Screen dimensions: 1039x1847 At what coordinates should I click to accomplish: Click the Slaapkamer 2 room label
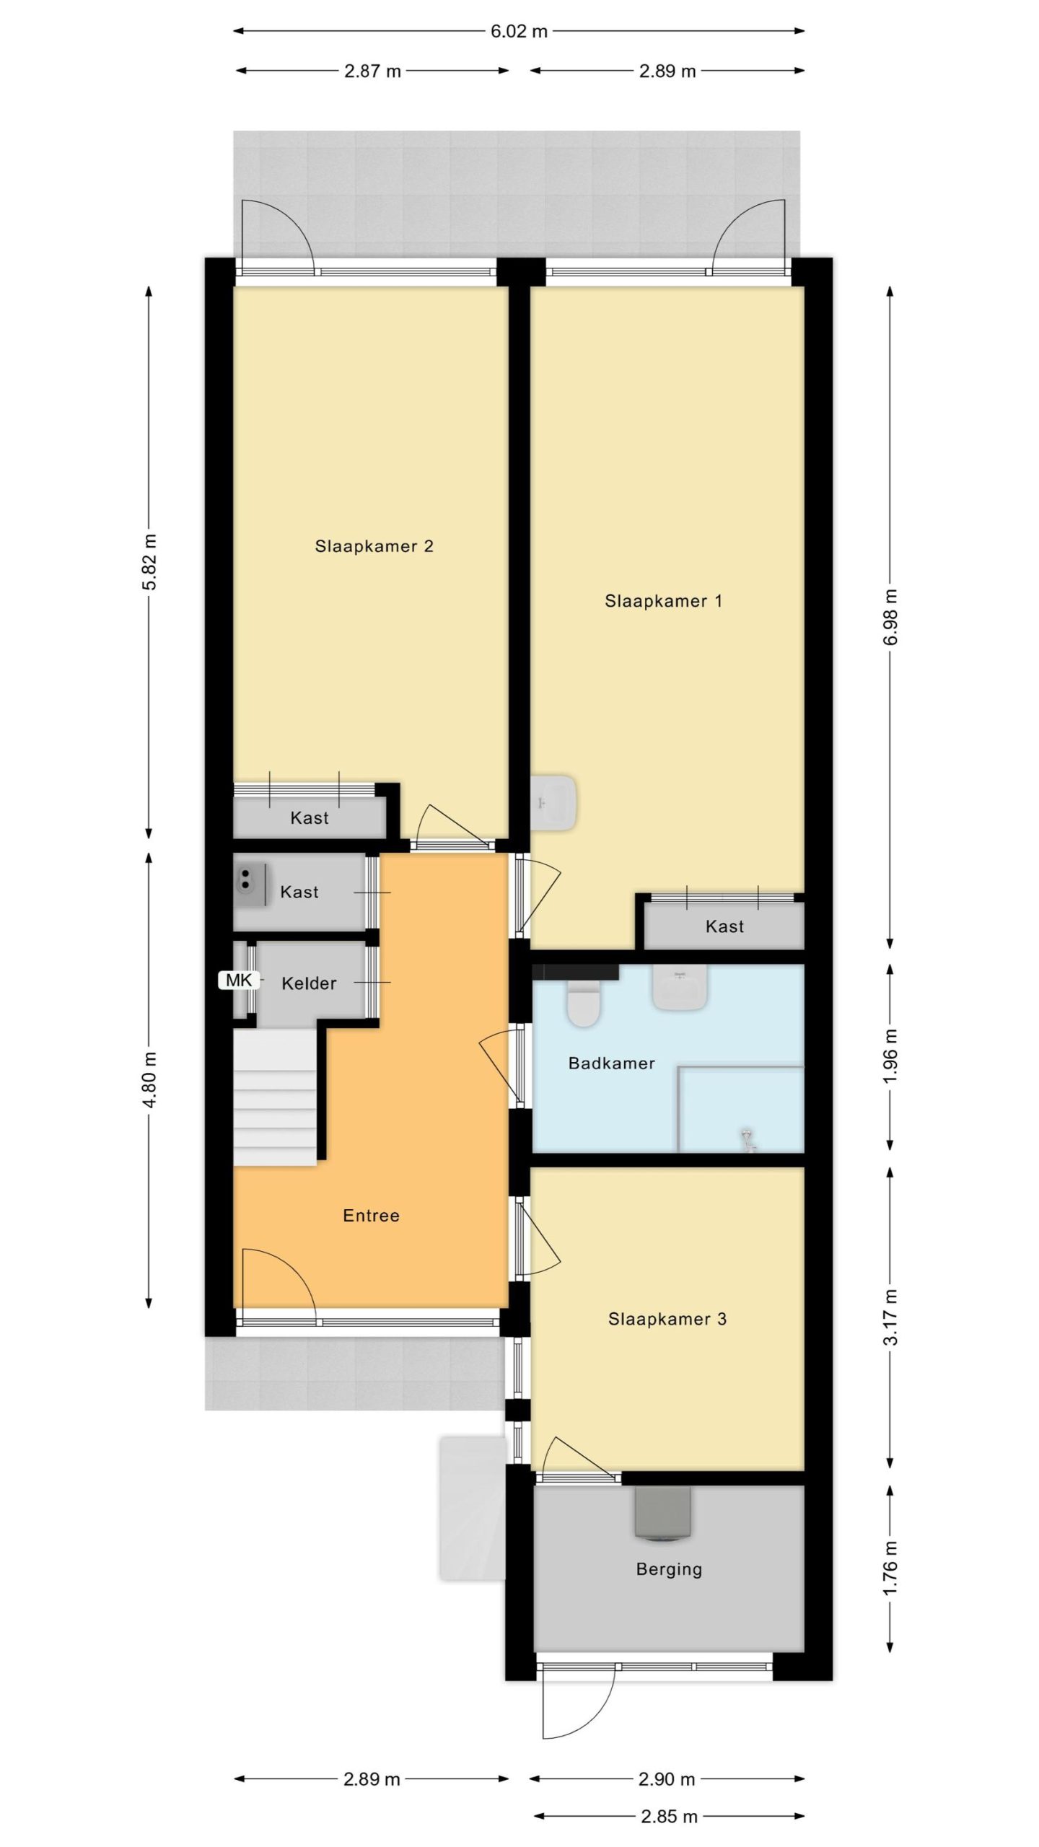[374, 546]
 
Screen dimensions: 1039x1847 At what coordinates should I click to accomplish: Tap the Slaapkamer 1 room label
[663, 601]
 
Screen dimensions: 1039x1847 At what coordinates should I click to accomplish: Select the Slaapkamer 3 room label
[667, 1319]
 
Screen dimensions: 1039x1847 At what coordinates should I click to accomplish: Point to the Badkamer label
[611, 1063]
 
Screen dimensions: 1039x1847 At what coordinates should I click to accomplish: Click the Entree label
[371, 1216]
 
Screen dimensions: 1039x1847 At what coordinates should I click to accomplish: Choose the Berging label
[669, 1569]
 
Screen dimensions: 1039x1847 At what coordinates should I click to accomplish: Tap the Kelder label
[309, 983]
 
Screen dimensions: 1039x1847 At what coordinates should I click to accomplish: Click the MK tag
[239, 980]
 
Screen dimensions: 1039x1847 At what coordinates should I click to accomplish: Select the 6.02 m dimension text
[519, 31]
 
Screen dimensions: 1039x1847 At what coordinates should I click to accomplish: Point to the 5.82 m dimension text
[149, 562]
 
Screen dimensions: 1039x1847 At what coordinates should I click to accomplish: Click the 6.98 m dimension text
[891, 618]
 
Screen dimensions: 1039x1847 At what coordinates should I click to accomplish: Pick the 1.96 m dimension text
[891, 1055]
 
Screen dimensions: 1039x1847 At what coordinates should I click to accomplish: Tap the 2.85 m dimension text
[669, 1817]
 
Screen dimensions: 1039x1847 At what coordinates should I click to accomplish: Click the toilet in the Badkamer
[584, 1003]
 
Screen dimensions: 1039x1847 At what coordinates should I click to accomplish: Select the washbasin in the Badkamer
[680, 987]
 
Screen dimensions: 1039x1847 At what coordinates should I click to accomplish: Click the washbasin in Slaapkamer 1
[553, 802]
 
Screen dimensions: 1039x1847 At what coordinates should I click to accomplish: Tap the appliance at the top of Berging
[662, 1514]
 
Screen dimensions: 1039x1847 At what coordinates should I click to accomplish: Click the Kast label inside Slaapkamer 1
[724, 926]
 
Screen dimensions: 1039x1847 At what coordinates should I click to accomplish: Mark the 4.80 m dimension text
[149, 1080]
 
